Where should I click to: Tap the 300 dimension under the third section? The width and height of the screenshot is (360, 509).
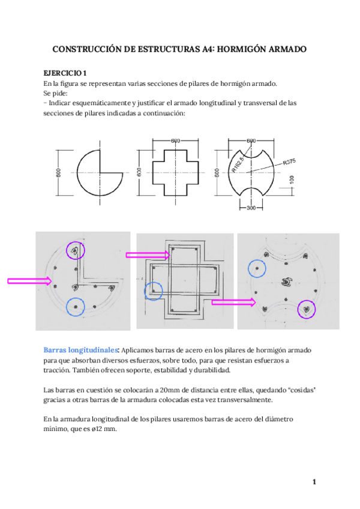pos(251,208)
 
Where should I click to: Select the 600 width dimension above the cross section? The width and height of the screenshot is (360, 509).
pos(175,140)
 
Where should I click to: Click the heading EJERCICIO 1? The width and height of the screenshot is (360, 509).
pos(66,72)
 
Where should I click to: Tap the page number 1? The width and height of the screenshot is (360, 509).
pos(314,482)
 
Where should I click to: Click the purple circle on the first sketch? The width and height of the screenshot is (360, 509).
pos(76,251)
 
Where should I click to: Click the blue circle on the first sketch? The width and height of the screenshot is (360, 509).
pos(76,306)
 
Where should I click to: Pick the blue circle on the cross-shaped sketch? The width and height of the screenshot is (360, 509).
pos(154,291)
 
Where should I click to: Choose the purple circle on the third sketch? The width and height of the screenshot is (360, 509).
pos(307,309)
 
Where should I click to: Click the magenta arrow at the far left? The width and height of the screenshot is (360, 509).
pos(29,280)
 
